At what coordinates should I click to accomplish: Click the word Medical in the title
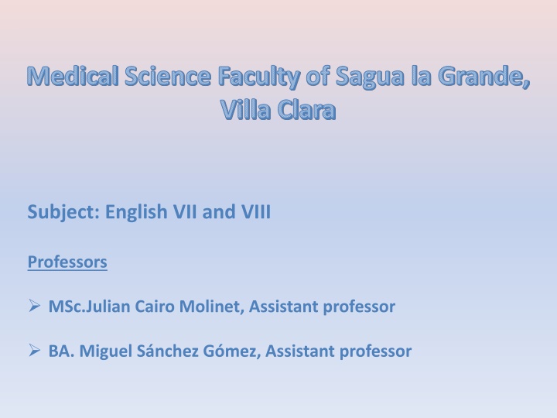[x=73, y=76]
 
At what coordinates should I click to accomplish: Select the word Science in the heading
[x=168, y=76]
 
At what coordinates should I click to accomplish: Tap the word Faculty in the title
[x=258, y=77]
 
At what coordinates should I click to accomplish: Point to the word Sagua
[x=370, y=77]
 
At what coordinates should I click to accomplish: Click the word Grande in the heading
[x=484, y=76]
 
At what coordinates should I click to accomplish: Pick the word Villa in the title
[x=245, y=109]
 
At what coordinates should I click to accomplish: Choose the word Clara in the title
[x=306, y=109]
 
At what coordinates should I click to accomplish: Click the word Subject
[x=63, y=212]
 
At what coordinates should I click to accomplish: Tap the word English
[x=136, y=212]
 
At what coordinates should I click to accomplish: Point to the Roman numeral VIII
[x=256, y=212]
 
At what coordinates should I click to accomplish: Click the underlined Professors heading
[x=67, y=262]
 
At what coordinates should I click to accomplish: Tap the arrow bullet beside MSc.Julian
[x=34, y=306]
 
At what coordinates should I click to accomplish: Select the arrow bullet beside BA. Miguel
[x=34, y=350]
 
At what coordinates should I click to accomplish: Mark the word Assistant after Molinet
[x=283, y=307]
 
